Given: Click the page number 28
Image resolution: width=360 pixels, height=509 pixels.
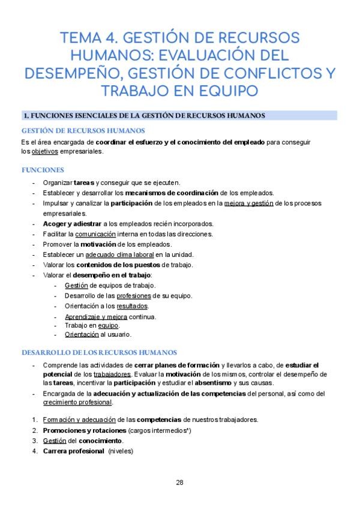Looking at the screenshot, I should coord(179,483).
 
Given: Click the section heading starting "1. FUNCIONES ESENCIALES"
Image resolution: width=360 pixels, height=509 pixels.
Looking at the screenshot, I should coord(144,115).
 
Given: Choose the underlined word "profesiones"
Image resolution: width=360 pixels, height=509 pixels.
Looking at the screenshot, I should coord(134,296).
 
